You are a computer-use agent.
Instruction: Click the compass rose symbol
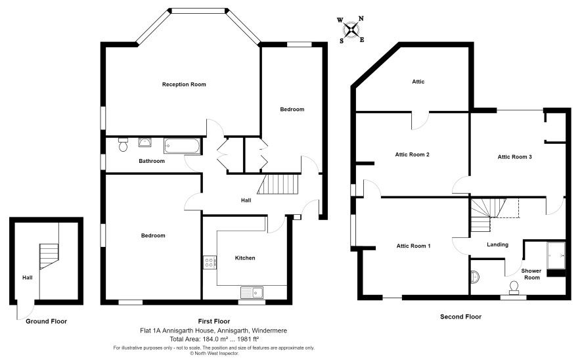coord(351,30)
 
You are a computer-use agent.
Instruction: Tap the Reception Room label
coord(184,84)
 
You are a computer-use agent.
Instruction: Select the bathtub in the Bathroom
coord(182,146)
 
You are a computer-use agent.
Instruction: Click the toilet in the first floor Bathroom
coord(123,145)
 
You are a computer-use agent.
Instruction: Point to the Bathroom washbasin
coord(145,142)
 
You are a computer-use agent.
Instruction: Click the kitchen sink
coord(252,292)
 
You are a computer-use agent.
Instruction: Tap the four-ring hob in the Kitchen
coord(210,263)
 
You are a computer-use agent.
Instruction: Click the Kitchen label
coord(245,258)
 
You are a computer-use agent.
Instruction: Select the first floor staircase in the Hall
coord(279,184)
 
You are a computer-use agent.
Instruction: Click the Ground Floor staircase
coord(49,256)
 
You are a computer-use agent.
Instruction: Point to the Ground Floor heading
coord(47,321)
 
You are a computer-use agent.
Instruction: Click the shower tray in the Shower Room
coord(556,256)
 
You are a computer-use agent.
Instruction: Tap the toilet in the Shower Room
coord(514,288)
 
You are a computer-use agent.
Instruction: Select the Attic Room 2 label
coord(412,154)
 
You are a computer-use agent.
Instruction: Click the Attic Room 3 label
coord(514,156)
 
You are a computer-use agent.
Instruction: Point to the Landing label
coord(497,244)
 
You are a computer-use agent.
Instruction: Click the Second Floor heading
coord(460,317)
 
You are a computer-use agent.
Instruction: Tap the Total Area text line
coord(214,339)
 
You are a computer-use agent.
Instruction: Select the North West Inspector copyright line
coord(214,353)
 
